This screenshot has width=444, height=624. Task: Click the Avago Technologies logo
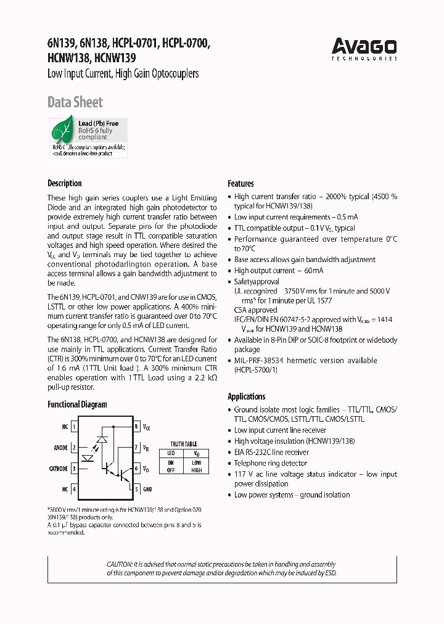click(364, 47)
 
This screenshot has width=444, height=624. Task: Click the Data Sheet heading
click(75, 102)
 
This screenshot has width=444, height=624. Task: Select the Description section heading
click(65, 183)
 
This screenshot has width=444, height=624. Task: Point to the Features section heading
click(240, 183)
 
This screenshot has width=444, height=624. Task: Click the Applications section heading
click(247, 396)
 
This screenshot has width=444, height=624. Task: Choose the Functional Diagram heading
click(77, 404)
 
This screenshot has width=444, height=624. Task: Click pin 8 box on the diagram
click(136, 427)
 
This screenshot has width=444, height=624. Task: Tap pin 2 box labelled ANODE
click(74, 448)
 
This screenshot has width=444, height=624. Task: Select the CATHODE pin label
click(58, 469)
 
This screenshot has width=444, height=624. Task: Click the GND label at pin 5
click(148, 490)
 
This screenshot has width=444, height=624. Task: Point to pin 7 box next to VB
click(136, 448)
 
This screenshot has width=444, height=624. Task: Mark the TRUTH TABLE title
click(183, 444)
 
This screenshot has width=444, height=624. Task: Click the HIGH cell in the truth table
click(197, 470)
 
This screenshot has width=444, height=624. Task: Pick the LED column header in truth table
click(171, 453)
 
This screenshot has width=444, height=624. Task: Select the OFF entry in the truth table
click(171, 470)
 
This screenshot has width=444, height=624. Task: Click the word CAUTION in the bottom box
click(120, 564)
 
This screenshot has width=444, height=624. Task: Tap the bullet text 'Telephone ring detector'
click(270, 463)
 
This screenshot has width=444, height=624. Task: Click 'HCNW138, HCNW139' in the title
click(92, 59)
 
